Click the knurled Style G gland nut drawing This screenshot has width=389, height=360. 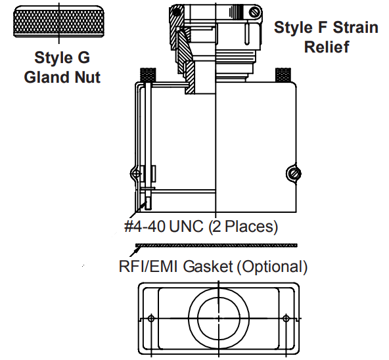click(x=58, y=22)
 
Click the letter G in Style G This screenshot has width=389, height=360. click(x=83, y=57)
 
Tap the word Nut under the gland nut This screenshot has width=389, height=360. click(x=87, y=77)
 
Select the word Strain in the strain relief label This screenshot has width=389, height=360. click(x=355, y=28)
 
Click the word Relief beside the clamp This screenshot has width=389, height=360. click(x=327, y=47)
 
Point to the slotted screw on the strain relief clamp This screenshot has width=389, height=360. click(x=254, y=12)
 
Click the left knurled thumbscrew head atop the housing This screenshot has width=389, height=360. click(x=148, y=74)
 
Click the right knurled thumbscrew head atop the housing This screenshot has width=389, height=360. click(x=283, y=74)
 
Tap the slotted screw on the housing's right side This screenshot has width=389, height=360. click(x=294, y=173)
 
